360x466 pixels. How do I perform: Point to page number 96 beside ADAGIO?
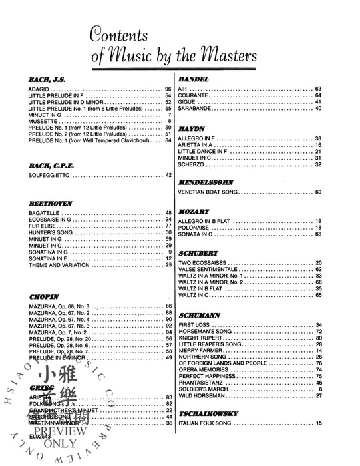pyautogui.click(x=168, y=89)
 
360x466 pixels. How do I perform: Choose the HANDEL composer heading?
pyautogui.click(x=194, y=79)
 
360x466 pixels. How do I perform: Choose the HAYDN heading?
pyautogui.click(x=192, y=128)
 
